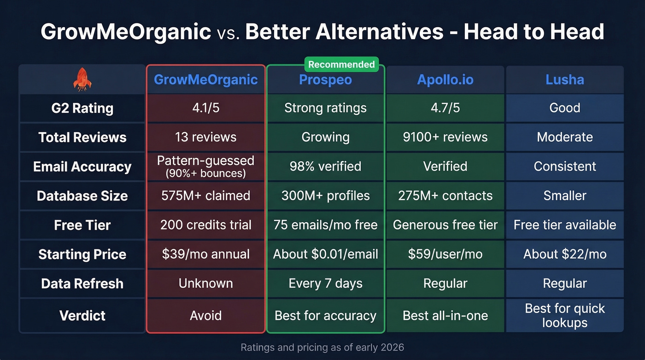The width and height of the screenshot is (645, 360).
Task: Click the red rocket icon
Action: tap(82, 79)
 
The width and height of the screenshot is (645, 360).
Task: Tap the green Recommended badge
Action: tap(341, 65)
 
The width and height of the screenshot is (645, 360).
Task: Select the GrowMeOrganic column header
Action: tap(205, 80)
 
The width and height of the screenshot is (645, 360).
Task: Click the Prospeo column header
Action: tap(325, 80)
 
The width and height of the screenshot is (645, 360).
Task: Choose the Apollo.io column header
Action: tap(445, 80)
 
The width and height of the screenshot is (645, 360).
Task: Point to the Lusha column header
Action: tap(565, 80)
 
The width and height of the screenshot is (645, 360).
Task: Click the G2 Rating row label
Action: tap(82, 108)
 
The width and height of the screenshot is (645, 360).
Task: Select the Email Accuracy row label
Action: tap(82, 167)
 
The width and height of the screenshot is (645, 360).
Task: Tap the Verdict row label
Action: tap(82, 316)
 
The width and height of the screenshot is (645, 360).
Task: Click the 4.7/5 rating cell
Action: tap(445, 108)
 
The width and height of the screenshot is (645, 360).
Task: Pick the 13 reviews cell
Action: tap(205, 137)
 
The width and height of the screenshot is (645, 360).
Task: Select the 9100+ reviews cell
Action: tap(445, 137)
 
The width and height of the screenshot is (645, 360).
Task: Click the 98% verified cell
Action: tap(325, 166)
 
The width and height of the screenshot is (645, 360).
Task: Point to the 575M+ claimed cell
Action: tap(205, 195)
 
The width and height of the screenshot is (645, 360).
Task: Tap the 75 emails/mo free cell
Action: tap(325, 225)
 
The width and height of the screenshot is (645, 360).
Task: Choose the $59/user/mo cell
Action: tap(445, 254)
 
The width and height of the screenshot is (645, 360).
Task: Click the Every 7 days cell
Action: tap(325, 283)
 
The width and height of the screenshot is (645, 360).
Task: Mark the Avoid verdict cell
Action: tap(205, 316)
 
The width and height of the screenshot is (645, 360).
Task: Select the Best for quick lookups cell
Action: tap(565, 316)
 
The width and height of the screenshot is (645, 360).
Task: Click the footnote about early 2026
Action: tap(322, 347)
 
